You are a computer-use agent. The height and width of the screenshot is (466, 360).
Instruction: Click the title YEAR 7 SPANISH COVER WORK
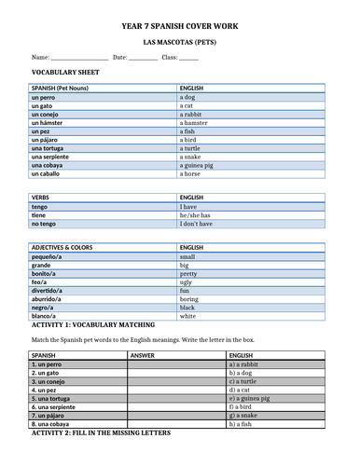point(180,30)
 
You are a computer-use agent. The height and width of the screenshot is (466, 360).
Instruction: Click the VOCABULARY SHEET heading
point(65,72)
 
